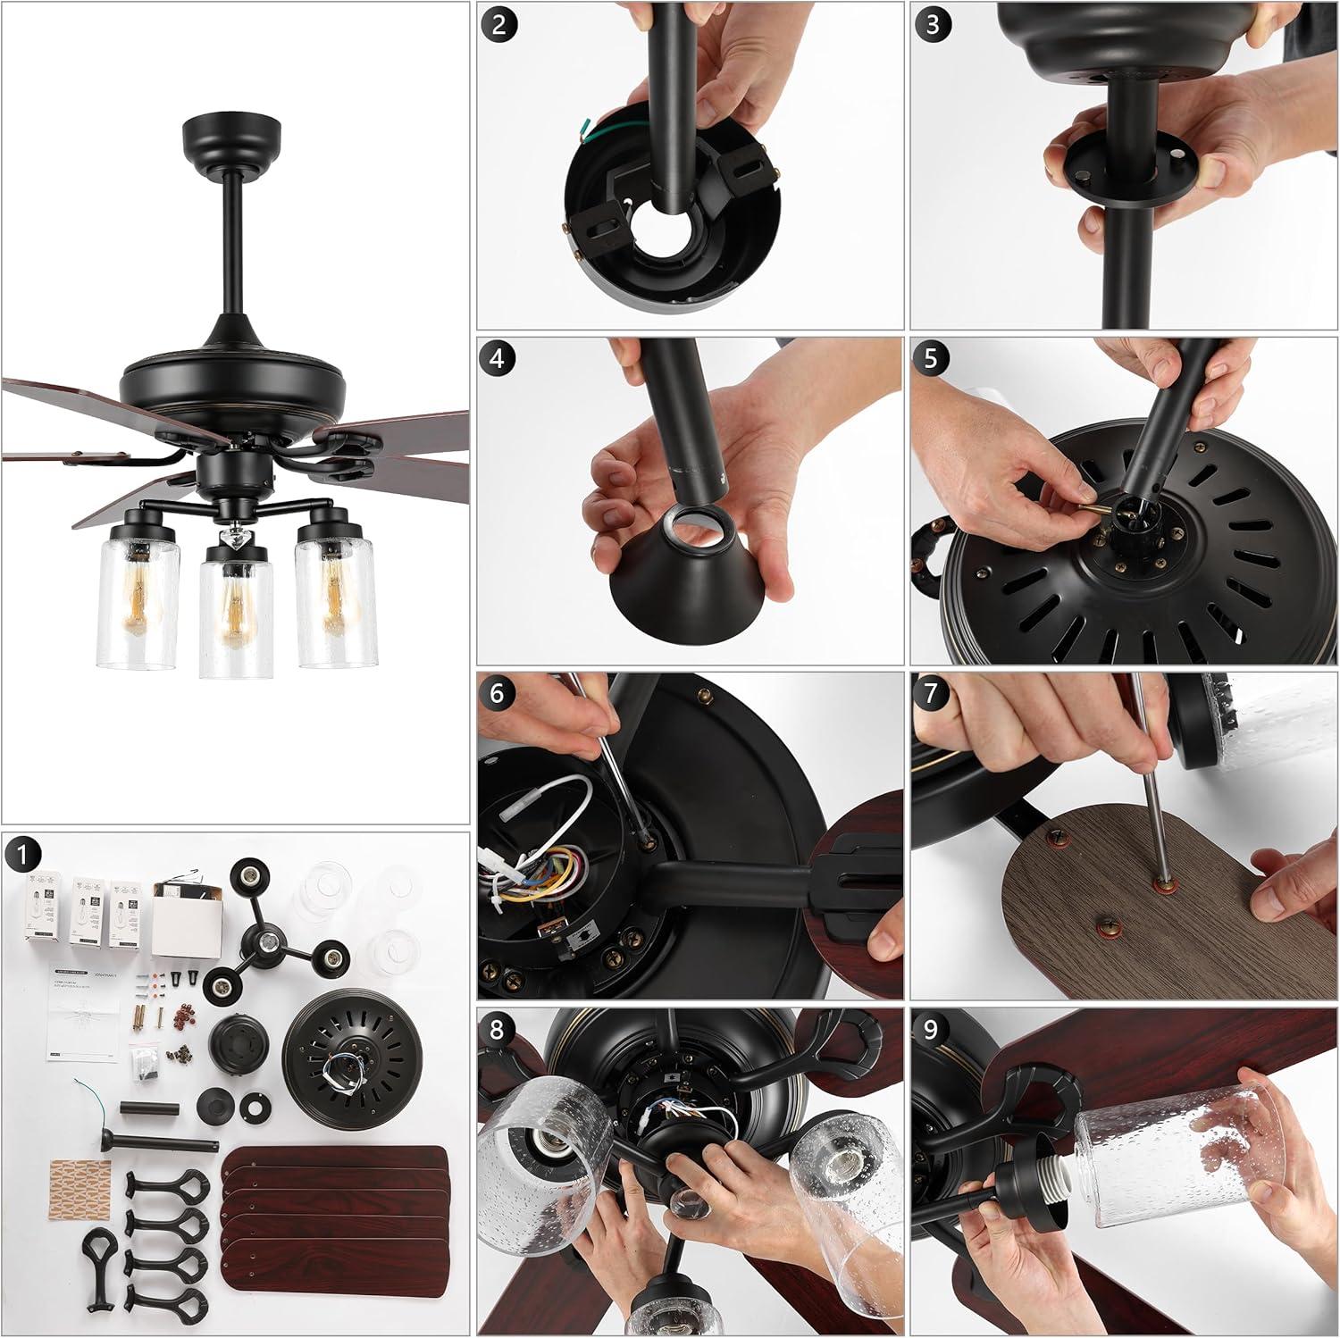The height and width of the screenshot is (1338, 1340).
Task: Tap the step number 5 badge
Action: coord(932,358)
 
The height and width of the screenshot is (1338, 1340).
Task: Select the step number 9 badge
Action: coord(932,1030)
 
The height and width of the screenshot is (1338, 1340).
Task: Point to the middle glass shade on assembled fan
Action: coord(235,616)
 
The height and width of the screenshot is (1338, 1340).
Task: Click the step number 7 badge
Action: coord(932,694)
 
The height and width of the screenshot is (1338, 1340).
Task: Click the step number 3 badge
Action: coord(932,24)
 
